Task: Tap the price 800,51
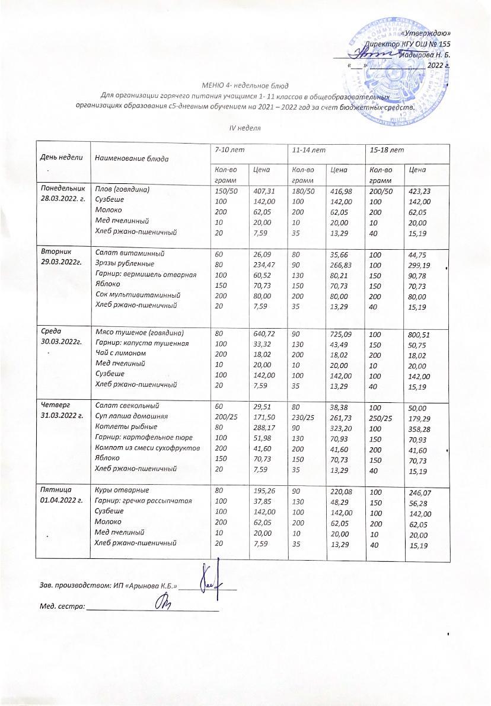[420, 335]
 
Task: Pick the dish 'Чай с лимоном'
[116, 353]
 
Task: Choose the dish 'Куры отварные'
[119, 490]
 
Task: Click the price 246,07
[419, 492]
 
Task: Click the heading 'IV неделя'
[245, 128]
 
